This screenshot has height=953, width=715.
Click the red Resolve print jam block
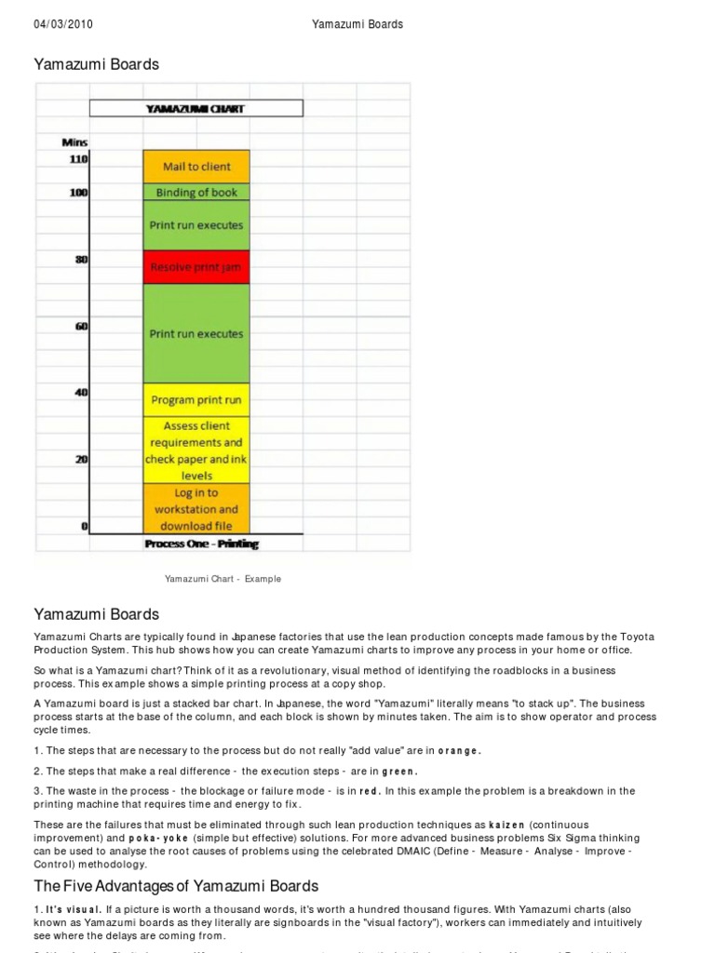pos(196,267)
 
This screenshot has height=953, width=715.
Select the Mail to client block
pos(196,167)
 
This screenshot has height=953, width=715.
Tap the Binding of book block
pos(196,193)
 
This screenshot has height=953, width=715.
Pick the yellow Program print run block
pos(196,400)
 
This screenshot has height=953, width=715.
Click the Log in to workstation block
pos(196,509)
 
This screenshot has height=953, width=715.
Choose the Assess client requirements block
pos(196,450)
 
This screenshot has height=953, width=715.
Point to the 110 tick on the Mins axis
pos(77,160)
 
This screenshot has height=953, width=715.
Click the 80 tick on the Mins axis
pos(81,260)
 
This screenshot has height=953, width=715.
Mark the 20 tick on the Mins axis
pos(81,459)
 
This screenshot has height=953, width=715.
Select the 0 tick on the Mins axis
pos(84,527)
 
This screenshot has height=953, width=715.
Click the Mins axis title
pos(74,142)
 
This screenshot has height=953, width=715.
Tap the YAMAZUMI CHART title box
pos(196,109)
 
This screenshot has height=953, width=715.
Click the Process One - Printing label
pos(202,544)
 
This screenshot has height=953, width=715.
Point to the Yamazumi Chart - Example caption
pos(223,579)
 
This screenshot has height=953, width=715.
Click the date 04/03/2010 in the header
pos(64,24)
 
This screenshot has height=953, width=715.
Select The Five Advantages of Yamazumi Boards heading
pos(177,886)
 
